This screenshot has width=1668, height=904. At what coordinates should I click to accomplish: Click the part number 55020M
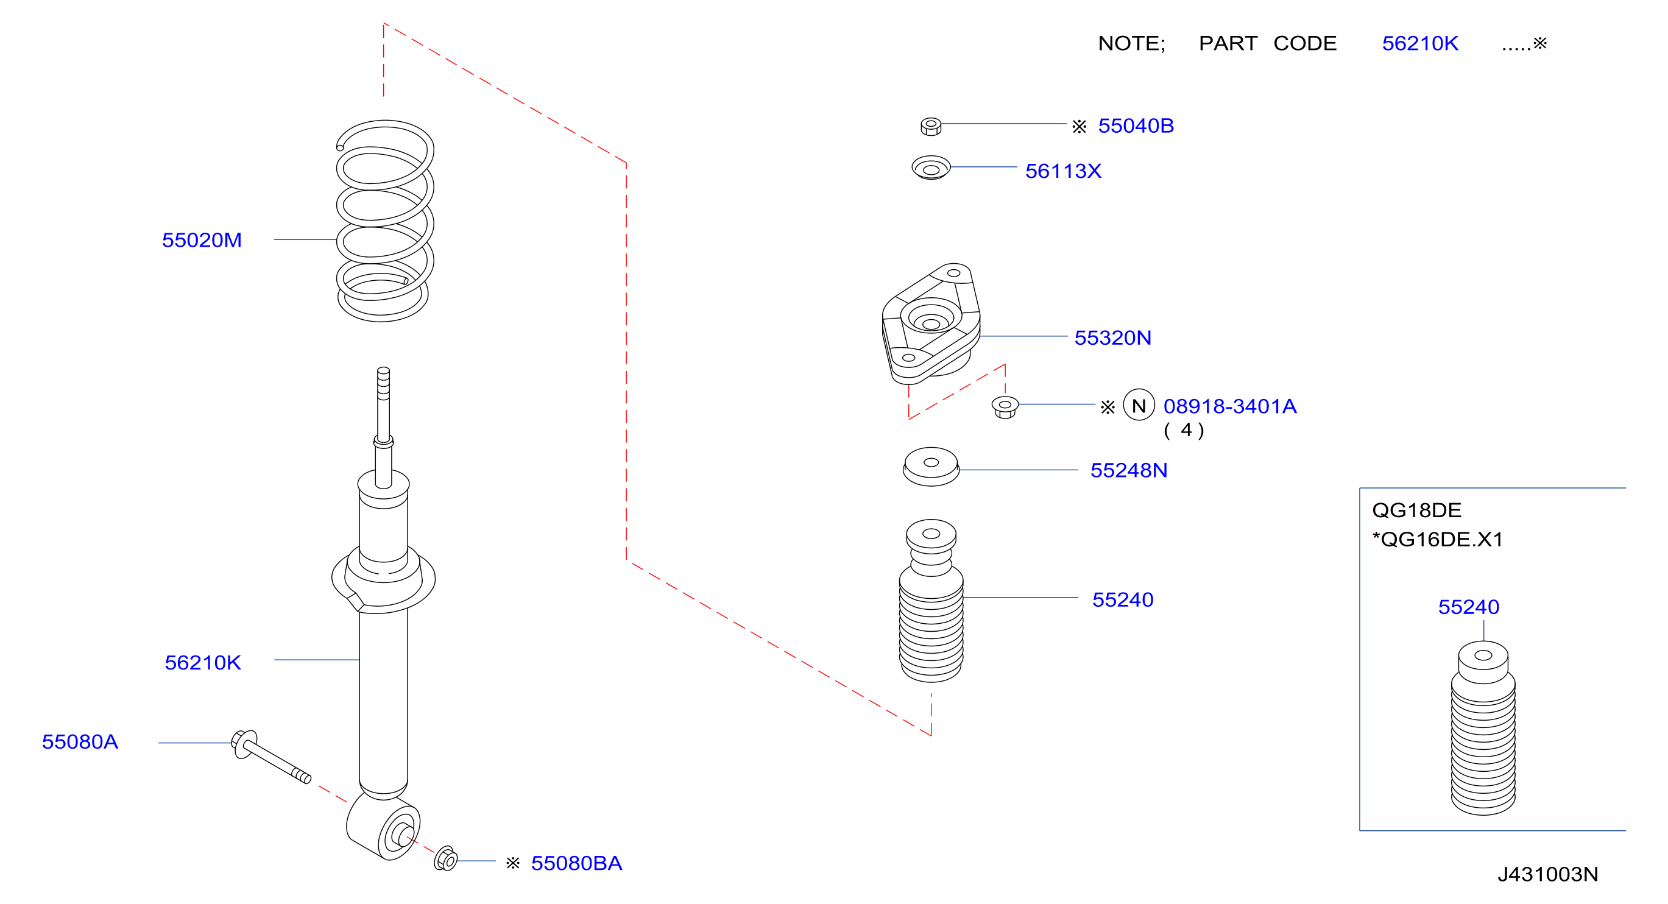202,240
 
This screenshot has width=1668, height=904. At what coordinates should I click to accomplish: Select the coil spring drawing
384,221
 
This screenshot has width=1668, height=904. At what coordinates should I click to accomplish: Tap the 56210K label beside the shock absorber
203,662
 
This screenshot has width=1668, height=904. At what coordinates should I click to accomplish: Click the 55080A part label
80,741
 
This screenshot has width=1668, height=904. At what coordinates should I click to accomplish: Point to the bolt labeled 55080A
271,757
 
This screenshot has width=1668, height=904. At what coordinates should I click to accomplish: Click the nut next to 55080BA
445,859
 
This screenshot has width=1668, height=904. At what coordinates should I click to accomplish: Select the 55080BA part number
576,863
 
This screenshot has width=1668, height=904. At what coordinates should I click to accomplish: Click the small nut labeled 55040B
931,126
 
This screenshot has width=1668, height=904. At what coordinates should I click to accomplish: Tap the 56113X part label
1063,171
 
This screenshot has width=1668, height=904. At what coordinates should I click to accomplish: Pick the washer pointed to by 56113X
931,168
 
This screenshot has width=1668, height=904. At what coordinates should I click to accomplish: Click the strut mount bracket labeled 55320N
931,324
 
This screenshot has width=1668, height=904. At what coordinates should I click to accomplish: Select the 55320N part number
1113,338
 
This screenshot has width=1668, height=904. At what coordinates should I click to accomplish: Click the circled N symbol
1139,405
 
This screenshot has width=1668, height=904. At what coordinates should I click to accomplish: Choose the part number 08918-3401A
1230,406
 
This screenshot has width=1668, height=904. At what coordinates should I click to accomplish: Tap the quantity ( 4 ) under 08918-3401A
1184,431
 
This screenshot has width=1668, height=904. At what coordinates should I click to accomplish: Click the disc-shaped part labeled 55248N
931,466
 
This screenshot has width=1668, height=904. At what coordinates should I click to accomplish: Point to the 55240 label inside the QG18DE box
1469,607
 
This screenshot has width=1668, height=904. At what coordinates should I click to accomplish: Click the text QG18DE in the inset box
1417,510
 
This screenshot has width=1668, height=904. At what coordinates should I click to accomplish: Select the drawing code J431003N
1547,874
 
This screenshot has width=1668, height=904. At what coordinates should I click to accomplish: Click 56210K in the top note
1420,43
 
